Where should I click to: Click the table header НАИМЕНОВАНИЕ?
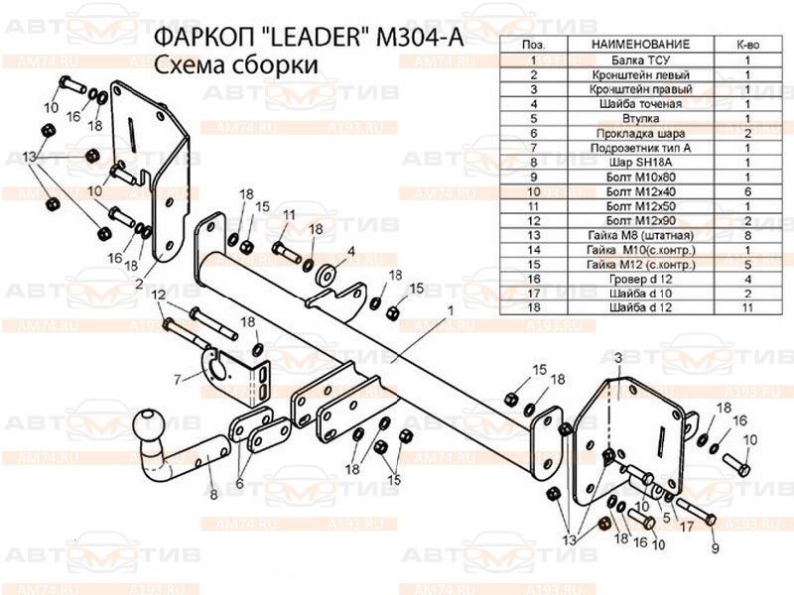640,46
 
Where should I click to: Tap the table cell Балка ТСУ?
640,60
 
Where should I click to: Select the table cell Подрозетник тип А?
640,147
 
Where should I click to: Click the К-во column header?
747,46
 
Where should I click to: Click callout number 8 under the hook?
211,493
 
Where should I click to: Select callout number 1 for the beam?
450,311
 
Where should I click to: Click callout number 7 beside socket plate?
176,378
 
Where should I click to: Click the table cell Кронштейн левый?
640,74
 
